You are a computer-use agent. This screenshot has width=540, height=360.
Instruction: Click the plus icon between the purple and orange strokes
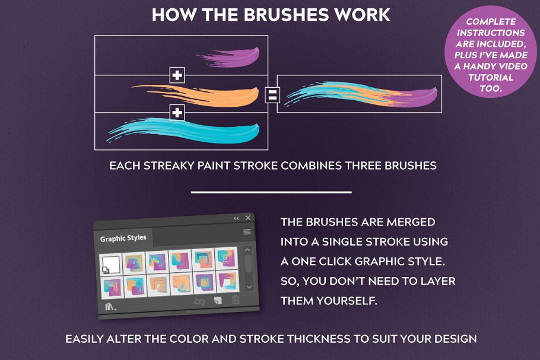click(x=177, y=75)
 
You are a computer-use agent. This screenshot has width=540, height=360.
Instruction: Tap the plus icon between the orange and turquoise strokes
click(x=177, y=112)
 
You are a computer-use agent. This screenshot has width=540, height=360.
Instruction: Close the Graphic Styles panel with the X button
click(x=248, y=218)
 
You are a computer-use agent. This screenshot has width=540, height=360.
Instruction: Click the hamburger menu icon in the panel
click(x=247, y=232)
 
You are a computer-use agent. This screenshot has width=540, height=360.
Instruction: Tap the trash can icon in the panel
click(x=236, y=301)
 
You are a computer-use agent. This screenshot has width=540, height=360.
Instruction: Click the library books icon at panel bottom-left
click(x=110, y=306)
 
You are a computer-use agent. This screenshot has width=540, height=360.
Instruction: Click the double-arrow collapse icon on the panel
click(x=236, y=218)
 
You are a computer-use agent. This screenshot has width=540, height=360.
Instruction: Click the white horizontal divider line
click(x=271, y=192)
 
